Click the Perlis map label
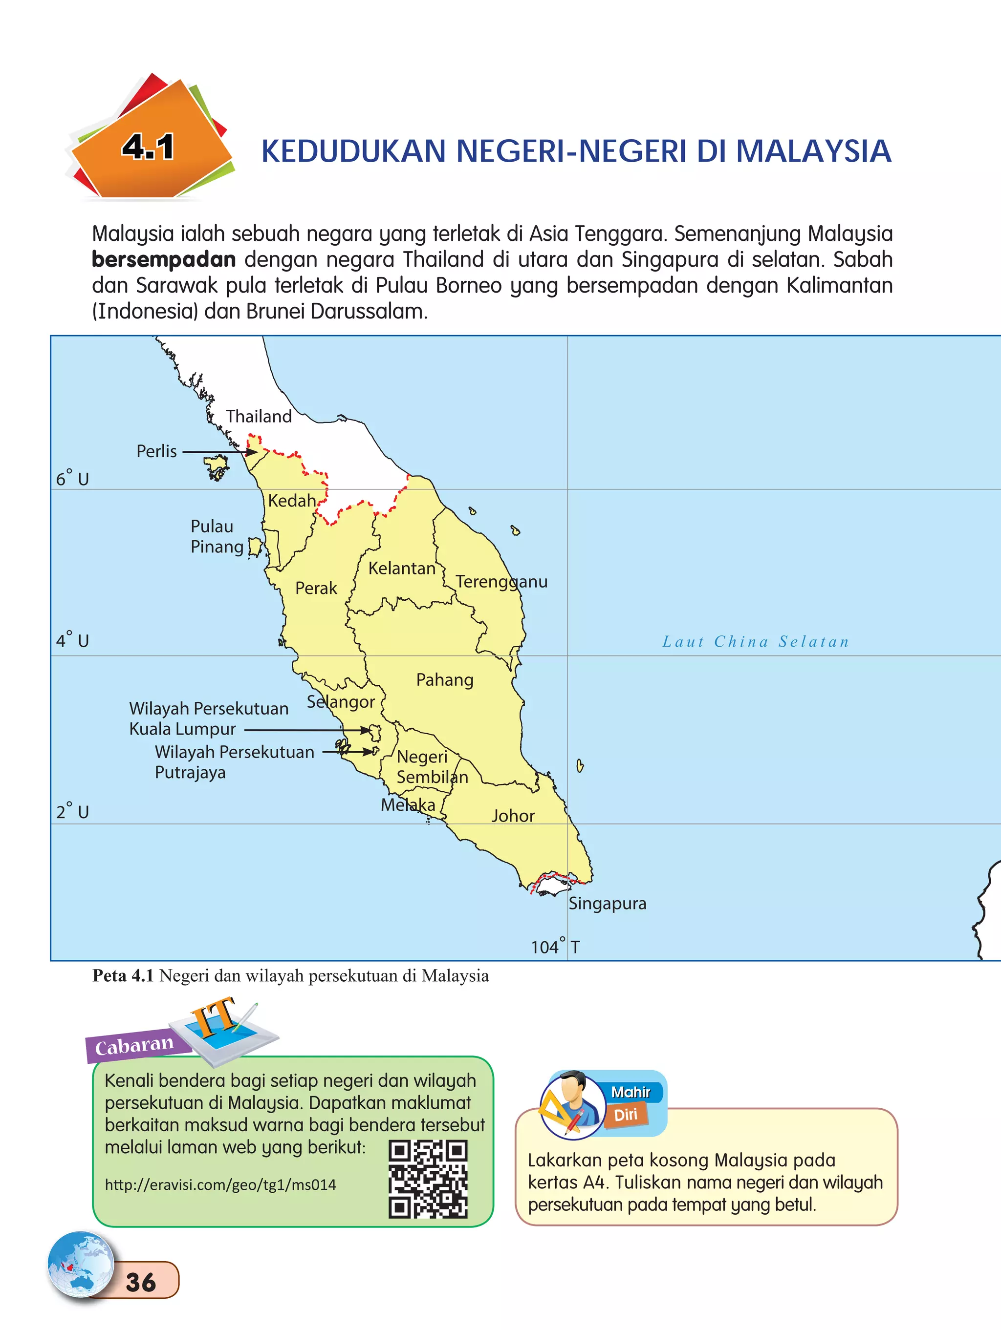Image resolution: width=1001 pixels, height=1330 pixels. pyautogui.click(x=156, y=451)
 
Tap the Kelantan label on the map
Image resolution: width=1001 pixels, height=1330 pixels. pyautogui.click(x=401, y=568)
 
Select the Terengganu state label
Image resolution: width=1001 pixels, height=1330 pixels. pyautogui.click(x=501, y=581)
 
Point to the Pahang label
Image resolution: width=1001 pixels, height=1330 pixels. pyautogui.click(x=445, y=679)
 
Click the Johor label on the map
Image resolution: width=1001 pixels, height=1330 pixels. pyautogui.click(x=513, y=816)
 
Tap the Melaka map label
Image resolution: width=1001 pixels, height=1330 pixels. pyautogui.click(x=407, y=804)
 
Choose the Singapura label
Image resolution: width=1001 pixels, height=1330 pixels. pyautogui.click(x=607, y=903)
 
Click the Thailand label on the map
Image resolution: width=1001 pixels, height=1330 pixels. pyautogui.click(x=259, y=416)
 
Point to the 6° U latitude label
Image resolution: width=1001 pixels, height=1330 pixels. pyautogui.click(x=72, y=479)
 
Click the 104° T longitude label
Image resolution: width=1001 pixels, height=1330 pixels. pyautogui.click(x=555, y=947)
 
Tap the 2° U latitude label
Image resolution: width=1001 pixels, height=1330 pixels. pyautogui.click(x=72, y=812)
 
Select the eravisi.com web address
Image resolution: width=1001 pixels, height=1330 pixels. pyautogui.click(x=220, y=1185)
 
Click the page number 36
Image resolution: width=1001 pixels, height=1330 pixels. pyautogui.click(x=141, y=1283)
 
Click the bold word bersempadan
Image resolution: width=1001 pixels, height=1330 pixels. pyautogui.click(x=164, y=260)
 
